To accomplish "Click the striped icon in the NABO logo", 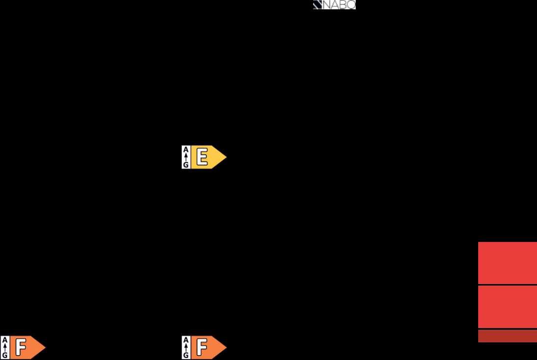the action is tap(317, 5).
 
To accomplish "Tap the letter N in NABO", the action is tap(326, 5).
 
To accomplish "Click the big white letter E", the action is tap(202, 157).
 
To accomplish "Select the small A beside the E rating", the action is tap(186, 149).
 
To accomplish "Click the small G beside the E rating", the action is tap(186, 165).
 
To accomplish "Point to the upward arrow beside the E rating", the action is tap(186, 157).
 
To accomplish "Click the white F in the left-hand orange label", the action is tap(21, 347).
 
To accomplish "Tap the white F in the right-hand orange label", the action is tap(202, 347).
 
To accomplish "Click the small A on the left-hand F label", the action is tap(5, 340).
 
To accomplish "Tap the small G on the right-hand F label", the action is tap(186, 355).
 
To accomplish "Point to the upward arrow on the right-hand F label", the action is tap(186, 347).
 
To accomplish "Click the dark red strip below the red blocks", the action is tap(508, 336).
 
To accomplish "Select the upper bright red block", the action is tap(508, 263).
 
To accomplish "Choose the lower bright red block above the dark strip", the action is tap(508, 307).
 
